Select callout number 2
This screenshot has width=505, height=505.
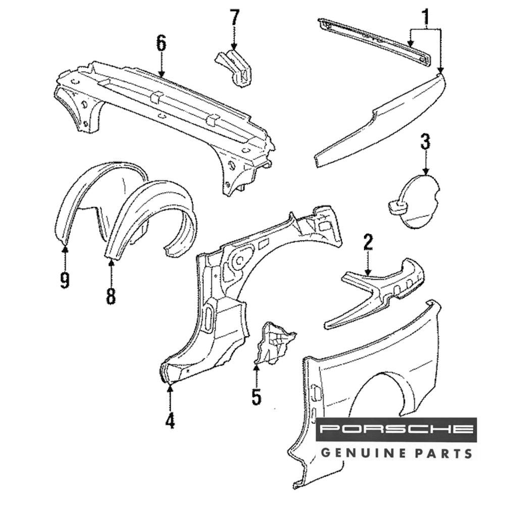pos(368,243)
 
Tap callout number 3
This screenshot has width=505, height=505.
pos(426,142)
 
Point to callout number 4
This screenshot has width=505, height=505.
pos(170,420)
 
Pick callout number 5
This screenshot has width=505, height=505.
pos(257,396)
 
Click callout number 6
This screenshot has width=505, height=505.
pos(161,43)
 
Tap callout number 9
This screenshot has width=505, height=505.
pos(65,279)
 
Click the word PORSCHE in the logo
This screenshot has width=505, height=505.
pos(396,430)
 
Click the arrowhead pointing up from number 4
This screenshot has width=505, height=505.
pos(170,388)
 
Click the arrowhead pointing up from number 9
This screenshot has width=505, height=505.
pos(65,247)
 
